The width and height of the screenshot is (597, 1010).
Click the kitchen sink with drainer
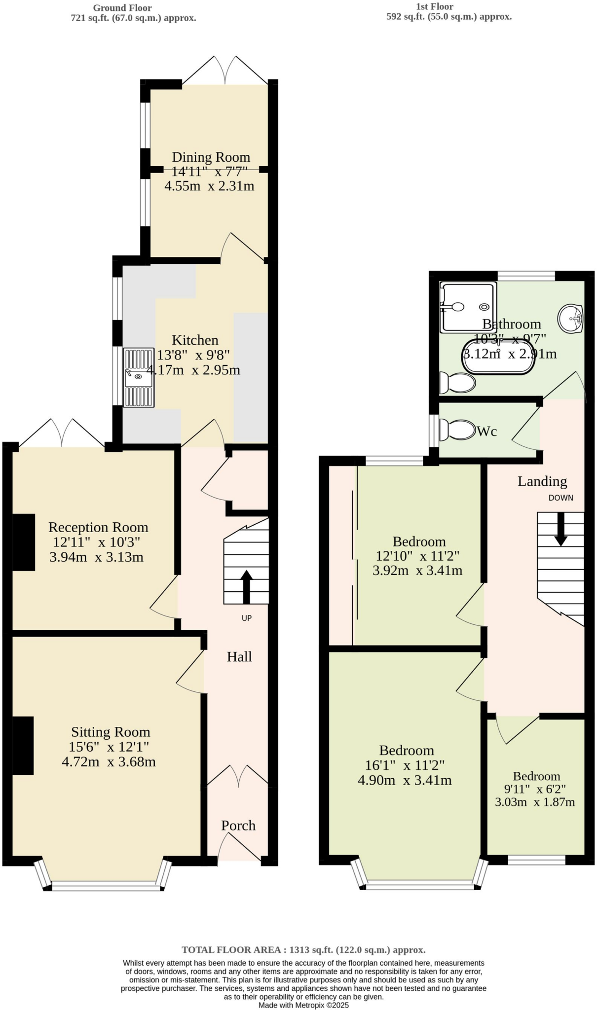[139, 378]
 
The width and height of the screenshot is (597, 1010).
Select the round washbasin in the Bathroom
[571, 319]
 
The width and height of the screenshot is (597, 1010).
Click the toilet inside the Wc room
[457, 430]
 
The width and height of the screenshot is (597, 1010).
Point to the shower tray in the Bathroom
[467, 307]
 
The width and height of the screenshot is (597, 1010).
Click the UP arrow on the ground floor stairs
[246, 587]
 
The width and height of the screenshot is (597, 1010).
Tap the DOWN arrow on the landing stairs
[560, 530]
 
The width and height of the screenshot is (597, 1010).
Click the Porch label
[238, 826]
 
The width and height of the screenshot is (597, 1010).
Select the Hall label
[239, 657]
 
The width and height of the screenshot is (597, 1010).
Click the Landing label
[542, 481]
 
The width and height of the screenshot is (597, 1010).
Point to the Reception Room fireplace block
[23, 542]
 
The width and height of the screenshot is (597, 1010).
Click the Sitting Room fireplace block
[23, 746]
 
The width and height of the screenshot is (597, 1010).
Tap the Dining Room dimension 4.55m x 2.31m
[209, 186]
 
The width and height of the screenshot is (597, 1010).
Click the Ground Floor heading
[122, 8]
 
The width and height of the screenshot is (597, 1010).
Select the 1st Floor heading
[435, 6]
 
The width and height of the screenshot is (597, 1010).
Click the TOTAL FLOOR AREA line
[303, 950]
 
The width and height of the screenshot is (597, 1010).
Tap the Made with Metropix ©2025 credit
[303, 1005]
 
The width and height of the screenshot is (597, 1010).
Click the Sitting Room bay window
[107, 887]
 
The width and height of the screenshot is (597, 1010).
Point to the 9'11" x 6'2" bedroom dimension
[535, 789]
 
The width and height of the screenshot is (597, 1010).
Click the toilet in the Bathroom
[457, 383]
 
